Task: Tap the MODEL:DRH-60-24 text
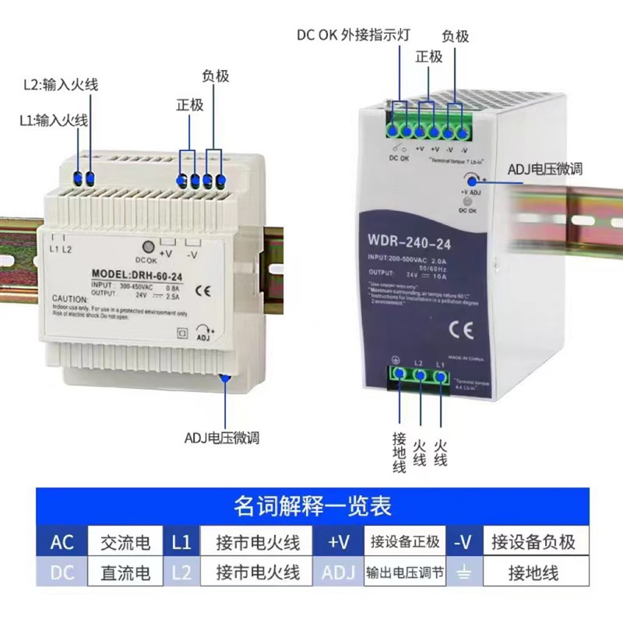(136, 274)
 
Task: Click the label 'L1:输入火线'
(54, 120)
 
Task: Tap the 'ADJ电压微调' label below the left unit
(222, 438)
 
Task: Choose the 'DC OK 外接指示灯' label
(354, 35)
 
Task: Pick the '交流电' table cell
(125, 542)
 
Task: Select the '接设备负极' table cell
(533, 542)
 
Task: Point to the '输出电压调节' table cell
(406, 574)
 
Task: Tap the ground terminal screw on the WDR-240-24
(399, 375)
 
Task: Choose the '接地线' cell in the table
(533, 574)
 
